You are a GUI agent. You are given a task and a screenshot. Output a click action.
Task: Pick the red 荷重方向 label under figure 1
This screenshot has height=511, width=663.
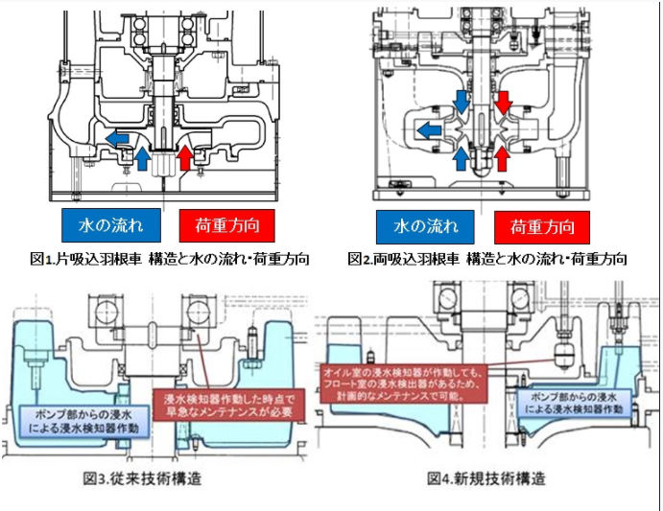point(227,225)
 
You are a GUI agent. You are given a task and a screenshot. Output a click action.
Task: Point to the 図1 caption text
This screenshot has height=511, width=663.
point(169,259)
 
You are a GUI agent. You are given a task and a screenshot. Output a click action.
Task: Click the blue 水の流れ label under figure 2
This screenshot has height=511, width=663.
point(422,227)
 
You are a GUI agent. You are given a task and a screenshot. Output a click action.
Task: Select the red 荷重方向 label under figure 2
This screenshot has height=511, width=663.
point(542,227)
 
